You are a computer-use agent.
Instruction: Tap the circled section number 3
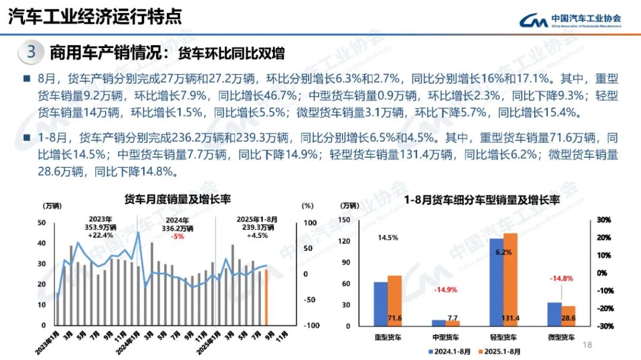31,52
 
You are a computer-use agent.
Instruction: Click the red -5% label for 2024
177,236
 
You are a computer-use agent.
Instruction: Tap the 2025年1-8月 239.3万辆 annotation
256,227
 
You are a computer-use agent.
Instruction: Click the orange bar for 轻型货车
510,279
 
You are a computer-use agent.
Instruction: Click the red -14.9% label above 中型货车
446,290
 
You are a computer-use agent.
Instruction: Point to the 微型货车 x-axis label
561,337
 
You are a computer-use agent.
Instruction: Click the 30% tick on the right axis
604,220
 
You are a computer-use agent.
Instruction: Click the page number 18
588,345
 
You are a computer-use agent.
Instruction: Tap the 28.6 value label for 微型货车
568,318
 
